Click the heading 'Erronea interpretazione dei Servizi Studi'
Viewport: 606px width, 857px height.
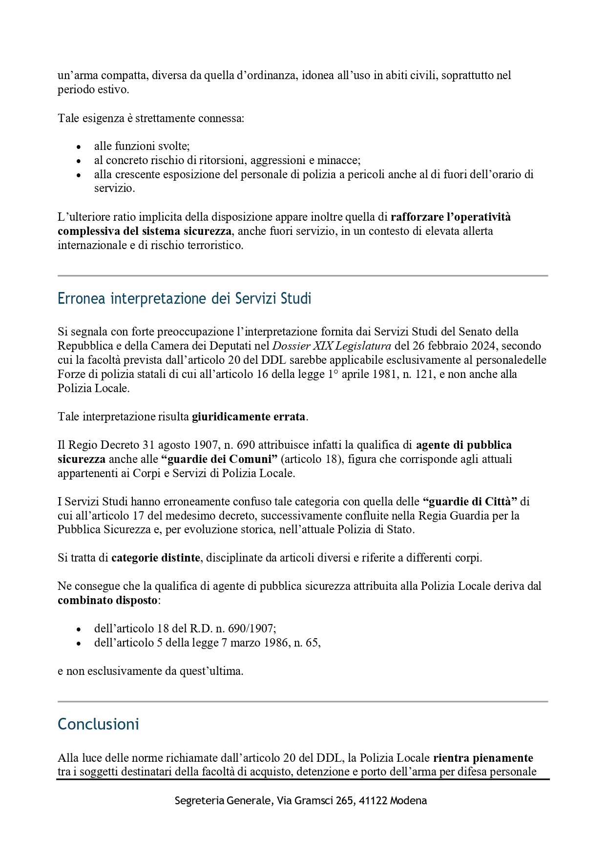(x=184, y=298)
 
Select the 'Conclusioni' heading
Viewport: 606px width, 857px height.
(x=98, y=724)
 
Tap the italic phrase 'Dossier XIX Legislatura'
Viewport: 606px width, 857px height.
(x=332, y=346)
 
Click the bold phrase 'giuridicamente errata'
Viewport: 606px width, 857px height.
(x=249, y=417)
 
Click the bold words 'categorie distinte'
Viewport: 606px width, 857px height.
(x=156, y=558)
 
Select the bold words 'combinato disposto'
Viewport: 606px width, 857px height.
(x=107, y=600)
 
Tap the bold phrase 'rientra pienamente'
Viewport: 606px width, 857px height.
(x=483, y=758)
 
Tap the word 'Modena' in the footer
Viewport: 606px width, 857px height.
(x=408, y=801)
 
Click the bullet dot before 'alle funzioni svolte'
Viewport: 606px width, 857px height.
(x=79, y=146)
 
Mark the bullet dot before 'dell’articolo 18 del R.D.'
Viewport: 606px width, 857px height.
(x=79, y=629)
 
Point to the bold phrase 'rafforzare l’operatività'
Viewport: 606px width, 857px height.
(x=450, y=216)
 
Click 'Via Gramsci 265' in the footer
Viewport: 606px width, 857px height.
(x=315, y=801)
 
